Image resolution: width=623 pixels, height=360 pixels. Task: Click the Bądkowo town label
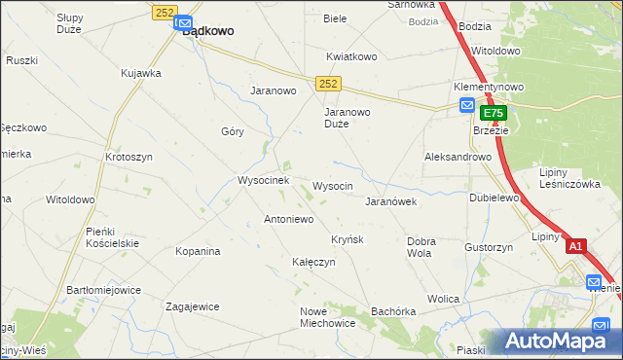208,31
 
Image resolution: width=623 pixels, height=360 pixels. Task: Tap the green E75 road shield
494,114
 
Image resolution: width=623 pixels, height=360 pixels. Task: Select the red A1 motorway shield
575,246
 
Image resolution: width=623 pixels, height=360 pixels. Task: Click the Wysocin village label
332,185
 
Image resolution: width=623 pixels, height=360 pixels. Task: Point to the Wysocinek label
263,180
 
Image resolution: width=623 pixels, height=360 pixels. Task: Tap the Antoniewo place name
288,219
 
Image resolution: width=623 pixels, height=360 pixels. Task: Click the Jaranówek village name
390,201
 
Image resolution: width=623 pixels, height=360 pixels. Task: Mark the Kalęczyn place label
313,262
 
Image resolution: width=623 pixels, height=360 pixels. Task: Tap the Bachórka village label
393,311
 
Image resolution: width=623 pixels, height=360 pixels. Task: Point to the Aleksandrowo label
458,156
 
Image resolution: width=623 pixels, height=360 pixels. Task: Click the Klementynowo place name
489,86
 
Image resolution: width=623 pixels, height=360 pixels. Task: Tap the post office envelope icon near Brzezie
467,106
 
